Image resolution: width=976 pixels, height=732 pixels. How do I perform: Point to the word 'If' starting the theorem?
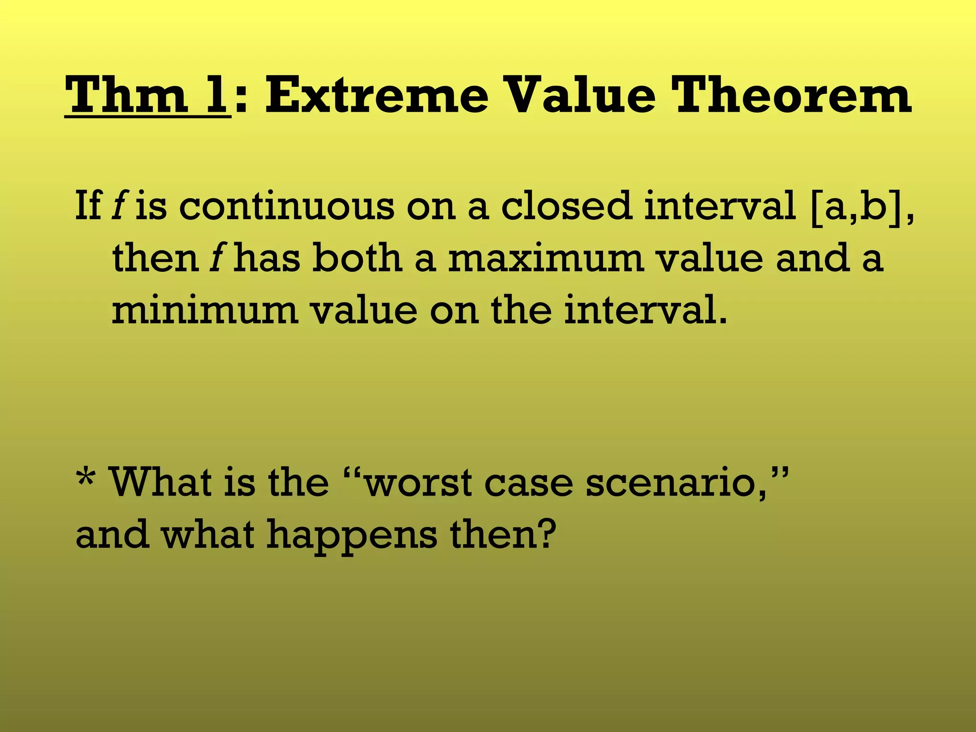(x=88, y=206)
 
